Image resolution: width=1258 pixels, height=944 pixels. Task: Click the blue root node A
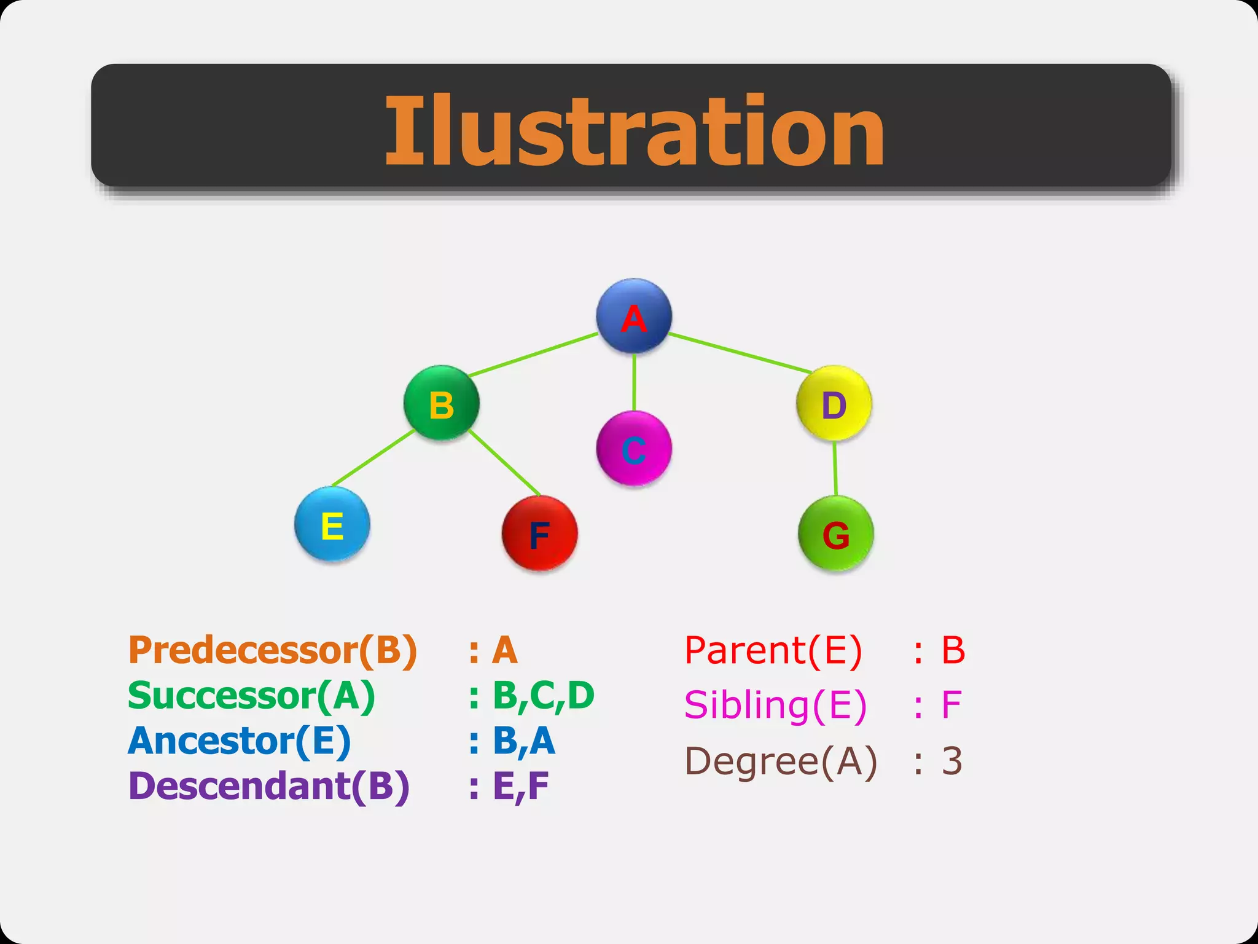(634, 316)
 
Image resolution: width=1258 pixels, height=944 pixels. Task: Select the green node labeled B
(441, 403)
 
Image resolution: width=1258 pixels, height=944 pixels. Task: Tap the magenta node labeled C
(634, 449)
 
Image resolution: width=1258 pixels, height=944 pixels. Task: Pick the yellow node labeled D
(834, 403)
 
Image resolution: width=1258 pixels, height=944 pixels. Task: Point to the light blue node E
(332, 524)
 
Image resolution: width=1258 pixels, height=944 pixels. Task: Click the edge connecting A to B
(533, 355)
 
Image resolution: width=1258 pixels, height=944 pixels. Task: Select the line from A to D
(740, 353)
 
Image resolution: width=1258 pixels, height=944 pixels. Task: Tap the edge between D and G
(835, 468)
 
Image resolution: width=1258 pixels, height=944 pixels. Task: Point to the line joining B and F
(504, 463)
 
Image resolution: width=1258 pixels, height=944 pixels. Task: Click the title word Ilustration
(634, 130)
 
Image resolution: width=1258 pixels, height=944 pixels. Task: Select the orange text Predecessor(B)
(273, 650)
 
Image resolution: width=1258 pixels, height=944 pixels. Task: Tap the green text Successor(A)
(251, 696)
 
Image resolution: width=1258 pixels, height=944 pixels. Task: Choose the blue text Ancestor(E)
(239, 741)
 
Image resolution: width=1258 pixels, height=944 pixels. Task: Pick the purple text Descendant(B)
(268, 787)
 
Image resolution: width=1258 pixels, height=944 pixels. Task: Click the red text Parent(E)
(773, 650)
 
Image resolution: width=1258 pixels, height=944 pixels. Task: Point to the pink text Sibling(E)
(775, 705)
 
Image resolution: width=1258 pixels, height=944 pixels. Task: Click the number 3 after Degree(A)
(951, 761)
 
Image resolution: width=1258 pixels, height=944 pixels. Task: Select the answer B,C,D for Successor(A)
(543, 696)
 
